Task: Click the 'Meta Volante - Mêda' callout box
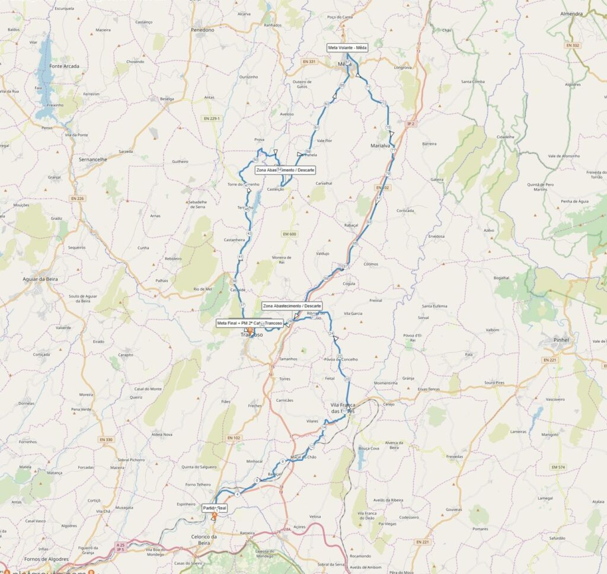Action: [x=347, y=48]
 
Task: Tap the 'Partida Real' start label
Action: [x=215, y=508]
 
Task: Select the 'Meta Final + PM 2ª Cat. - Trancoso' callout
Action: [x=250, y=323]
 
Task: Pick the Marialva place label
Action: [x=381, y=145]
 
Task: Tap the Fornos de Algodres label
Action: [x=46, y=559]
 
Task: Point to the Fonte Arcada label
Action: [x=65, y=66]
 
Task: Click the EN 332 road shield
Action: [x=572, y=45]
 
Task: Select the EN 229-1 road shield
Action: [x=211, y=118]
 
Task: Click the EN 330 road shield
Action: [x=106, y=439]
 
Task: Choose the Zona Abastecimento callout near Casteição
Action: [x=285, y=170]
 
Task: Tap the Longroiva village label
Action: [x=402, y=68]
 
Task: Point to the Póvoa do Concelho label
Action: [x=341, y=359]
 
